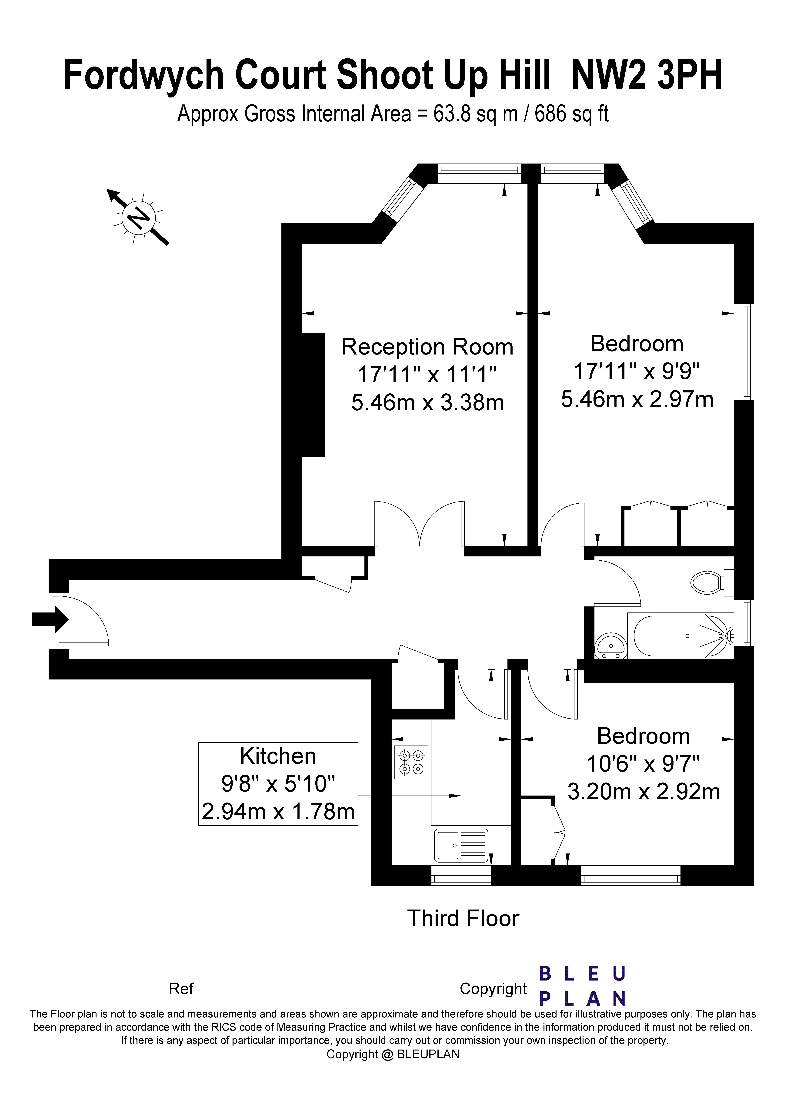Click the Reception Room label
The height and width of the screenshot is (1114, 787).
(427, 347)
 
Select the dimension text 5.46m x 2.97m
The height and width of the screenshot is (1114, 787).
(637, 399)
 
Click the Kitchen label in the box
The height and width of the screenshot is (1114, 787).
(278, 756)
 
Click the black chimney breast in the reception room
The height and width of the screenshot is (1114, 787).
(313, 395)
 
